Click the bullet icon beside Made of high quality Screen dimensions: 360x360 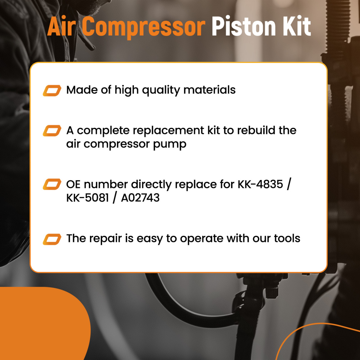pyautogui.click(x=52, y=90)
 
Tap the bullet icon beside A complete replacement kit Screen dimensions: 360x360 pyautogui.click(x=52, y=130)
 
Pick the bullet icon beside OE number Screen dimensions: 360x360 pyautogui.click(x=52, y=184)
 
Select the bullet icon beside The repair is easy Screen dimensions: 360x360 pyautogui.click(x=52, y=238)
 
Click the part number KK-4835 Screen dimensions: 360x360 pyautogui.click(x=262, y=184)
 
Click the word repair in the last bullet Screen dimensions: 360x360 pyautogui.click(x=108, y=239)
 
